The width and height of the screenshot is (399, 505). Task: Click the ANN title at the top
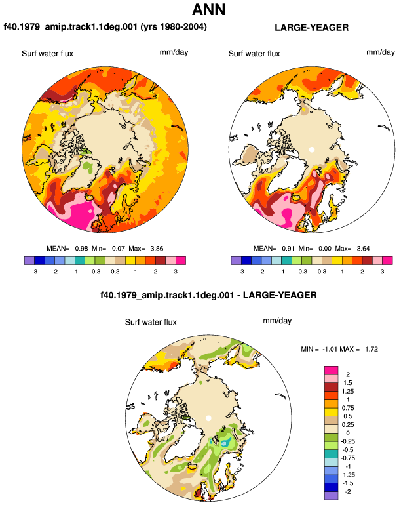(209, 9)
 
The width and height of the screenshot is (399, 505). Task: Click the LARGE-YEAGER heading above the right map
(311, 28)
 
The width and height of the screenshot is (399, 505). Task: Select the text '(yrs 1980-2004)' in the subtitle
(174, 26)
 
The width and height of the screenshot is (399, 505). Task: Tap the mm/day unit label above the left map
(174, 52)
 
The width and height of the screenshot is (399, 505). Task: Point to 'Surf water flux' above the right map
(254, 54)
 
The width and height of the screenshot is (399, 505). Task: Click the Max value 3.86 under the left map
(157, 249)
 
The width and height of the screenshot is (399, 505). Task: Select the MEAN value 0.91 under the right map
(288, 249)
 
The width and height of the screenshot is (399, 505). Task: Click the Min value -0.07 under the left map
(117, 249)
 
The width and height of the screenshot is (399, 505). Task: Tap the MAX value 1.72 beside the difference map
(371, 349)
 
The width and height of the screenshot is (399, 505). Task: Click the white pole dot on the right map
(311, 150)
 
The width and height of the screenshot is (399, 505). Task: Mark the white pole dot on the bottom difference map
(208, 418)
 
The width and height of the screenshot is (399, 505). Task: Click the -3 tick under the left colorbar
(35, 272)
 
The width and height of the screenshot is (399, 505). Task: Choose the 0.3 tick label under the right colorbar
(322, 272)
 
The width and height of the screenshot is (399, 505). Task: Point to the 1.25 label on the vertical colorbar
(348, 392)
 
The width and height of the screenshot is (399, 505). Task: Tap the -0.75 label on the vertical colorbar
(348, 458)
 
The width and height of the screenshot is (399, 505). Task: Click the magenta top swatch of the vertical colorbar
(332, 371)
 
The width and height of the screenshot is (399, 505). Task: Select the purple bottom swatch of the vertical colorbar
(332, 496)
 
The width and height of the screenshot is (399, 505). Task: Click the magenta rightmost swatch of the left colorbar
(181, 260)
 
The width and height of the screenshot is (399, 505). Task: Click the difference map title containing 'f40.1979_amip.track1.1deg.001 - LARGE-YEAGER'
(208, 295)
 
